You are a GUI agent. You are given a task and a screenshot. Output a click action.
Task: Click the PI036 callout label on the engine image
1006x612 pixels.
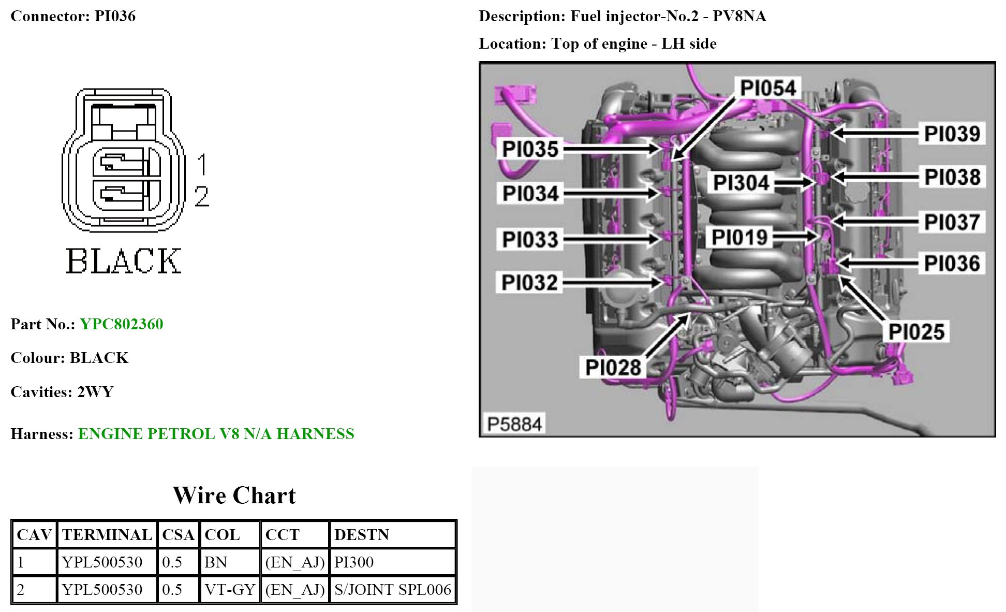tap(952, 264)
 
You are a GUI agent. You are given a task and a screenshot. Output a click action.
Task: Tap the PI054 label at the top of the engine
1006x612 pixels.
tap(767, 89)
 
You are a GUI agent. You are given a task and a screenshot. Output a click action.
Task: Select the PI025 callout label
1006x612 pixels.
tap(916, 332)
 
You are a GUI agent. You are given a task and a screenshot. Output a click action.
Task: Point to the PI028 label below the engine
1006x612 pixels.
tap(613, 368)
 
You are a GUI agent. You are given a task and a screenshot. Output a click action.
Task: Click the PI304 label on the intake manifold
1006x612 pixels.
tap(741, 183)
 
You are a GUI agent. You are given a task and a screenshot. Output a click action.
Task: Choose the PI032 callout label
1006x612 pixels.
tap(529, 283)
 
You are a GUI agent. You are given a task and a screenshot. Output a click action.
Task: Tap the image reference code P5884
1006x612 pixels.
tap(514, 424)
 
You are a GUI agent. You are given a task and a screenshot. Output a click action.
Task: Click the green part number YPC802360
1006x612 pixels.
tap(122, 324)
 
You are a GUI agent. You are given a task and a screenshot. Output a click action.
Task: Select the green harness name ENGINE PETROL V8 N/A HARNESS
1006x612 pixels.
tap(216, 433)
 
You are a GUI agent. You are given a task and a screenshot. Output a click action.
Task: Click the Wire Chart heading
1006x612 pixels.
tap(234, 496)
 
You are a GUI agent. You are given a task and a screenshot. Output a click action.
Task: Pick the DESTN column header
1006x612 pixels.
tap(361, 535)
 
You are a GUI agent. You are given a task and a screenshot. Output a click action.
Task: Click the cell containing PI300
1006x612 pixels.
tap(354, 562)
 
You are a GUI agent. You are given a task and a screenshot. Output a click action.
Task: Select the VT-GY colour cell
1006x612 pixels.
tap(230, 590)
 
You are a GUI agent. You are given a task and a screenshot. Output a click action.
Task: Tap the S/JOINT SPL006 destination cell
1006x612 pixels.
tap(392, 590)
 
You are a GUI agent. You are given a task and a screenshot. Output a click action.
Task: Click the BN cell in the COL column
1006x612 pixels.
tap(216, 562)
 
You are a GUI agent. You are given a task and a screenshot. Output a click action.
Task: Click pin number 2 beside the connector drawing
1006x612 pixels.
tap(202, 197)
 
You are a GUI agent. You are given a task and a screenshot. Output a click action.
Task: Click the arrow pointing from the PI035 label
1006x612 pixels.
tap(611, 149)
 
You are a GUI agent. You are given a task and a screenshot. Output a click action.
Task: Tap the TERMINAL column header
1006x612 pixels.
tap(107, 535)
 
